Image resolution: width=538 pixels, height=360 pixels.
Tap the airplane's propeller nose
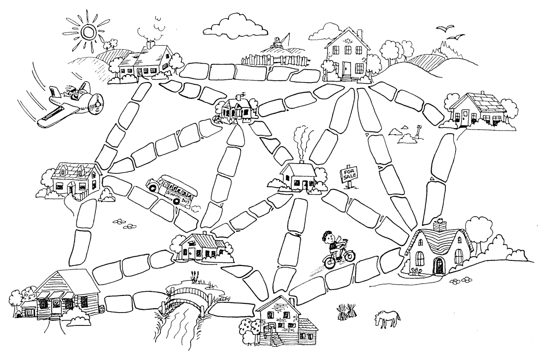click(x=97, y=106)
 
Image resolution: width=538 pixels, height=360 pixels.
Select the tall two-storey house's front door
click(x=346, y=70)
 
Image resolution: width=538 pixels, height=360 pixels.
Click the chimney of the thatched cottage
click(x=441, y=224)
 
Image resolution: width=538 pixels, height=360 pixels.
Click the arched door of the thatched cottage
click(x=438, y=265)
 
